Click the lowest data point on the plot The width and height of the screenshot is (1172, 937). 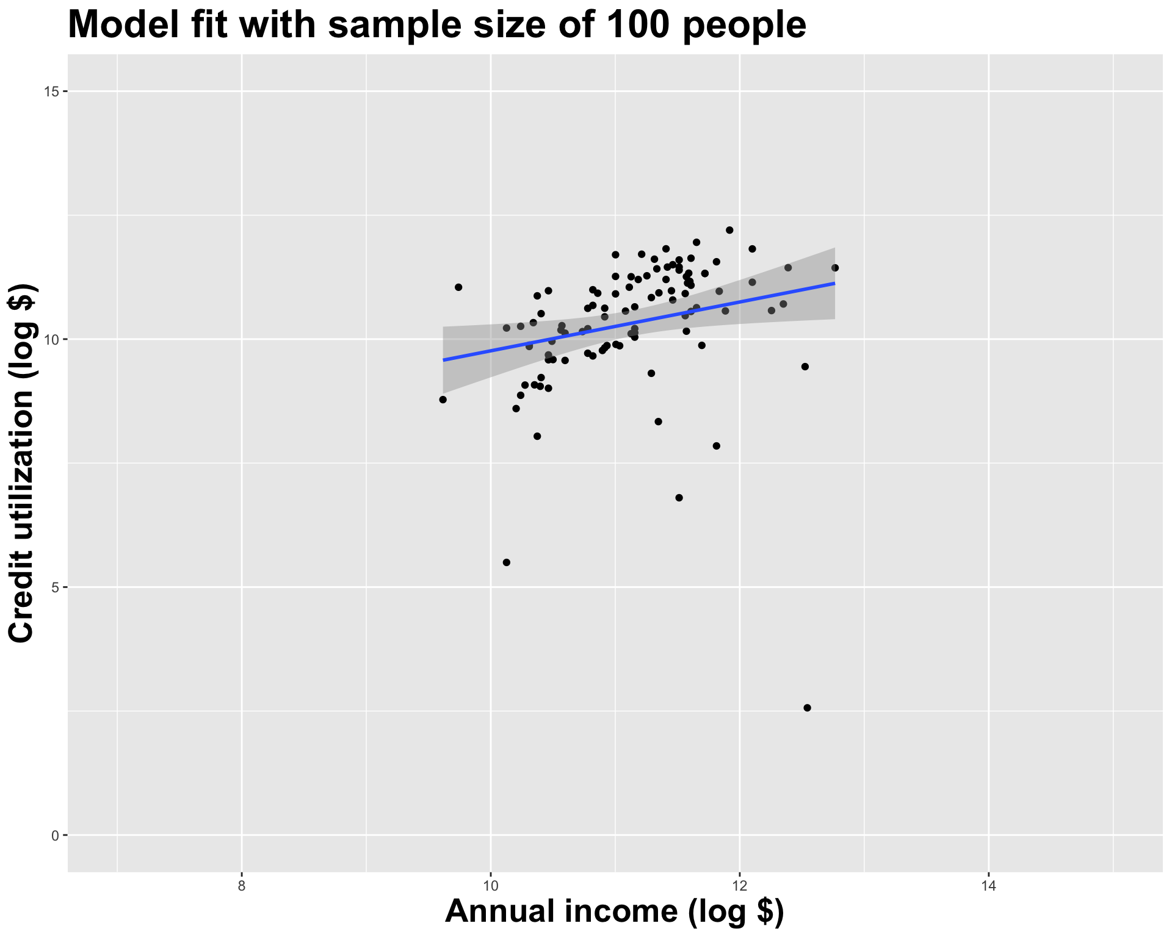click(807, 708)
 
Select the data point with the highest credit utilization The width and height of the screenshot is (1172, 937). click(729, 230)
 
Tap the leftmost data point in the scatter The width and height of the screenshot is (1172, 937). click(443, 400)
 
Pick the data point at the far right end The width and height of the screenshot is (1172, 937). click(835, 268)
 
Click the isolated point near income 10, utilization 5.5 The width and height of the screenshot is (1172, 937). click(506, 562)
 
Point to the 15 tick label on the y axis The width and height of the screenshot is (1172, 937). click(51, 92)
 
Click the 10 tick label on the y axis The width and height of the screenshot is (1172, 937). click(51, 339)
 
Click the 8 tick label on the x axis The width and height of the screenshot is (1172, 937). click(242, 885)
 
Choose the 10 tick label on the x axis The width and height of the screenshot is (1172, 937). click(490, 885)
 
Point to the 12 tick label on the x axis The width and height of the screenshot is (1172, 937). click(739, 885)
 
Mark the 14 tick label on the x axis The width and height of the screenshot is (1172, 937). click(988, 885)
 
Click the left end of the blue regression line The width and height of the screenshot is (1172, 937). click(444, 360)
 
